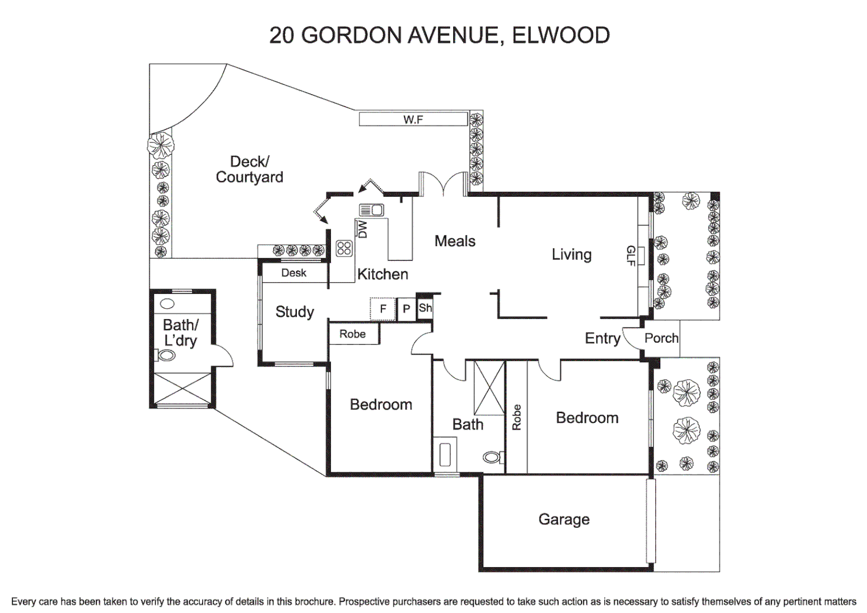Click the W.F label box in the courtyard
pos(413,119)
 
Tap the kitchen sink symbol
pos(371,210)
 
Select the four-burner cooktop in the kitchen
pos(344,248)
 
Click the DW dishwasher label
pos(362,229)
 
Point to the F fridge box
pos(383,309)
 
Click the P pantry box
pos(406,309)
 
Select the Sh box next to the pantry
pos(425,308)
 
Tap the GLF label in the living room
pos(630,255)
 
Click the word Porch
pos(661,338)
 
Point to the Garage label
pos(564,519)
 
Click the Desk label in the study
pos(294,273)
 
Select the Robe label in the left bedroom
pos(353,334)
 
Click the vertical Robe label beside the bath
pos(516,417)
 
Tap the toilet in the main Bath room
pos(493,457)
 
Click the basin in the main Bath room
pos(445,454)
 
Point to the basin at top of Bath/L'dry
pos(167,304)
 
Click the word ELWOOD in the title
pos(560,35)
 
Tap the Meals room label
pos(455,241)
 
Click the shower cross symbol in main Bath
pos(489,388)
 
